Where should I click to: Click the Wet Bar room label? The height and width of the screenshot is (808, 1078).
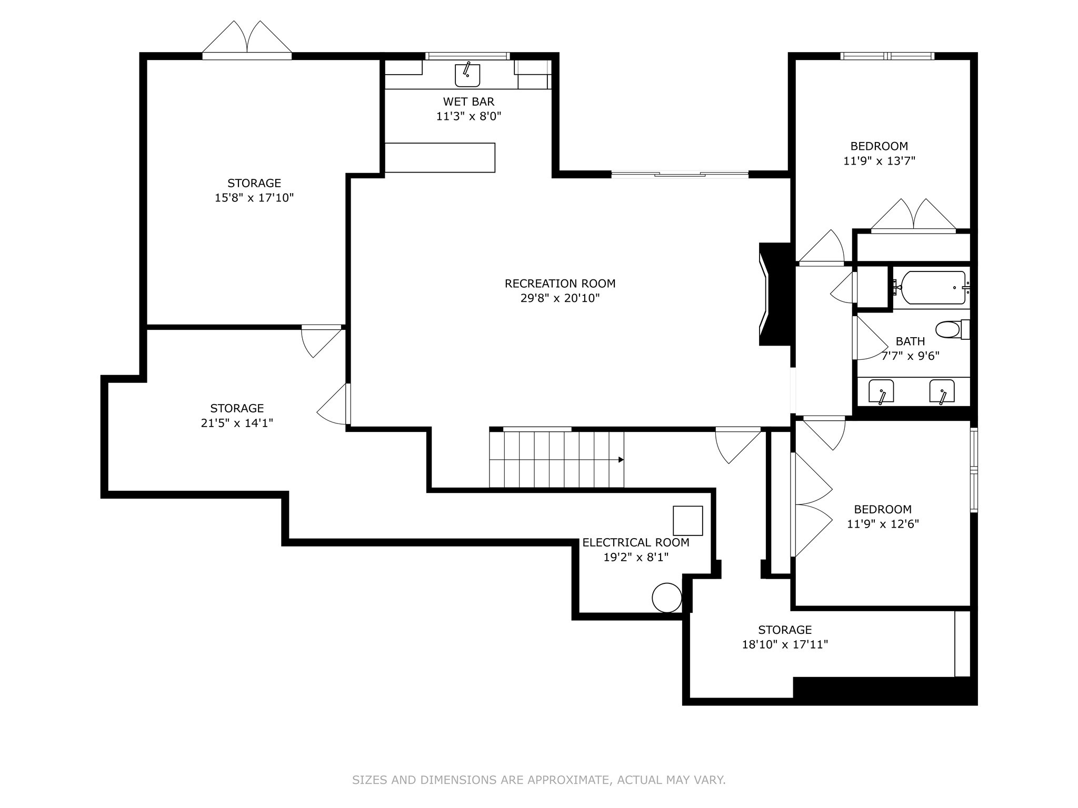468,102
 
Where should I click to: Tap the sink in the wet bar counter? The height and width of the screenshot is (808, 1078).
467,75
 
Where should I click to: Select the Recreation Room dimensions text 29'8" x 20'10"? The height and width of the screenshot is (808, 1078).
560,298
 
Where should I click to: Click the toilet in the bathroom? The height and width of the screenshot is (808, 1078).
953,329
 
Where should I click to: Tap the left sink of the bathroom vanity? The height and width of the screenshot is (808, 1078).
881,391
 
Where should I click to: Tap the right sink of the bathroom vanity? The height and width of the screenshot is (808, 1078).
942,391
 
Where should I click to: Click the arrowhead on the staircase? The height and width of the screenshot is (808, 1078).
621,460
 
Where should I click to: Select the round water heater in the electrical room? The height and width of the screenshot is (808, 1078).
667,598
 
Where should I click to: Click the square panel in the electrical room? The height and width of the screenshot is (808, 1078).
688,520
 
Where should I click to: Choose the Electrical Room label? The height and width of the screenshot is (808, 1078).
636,542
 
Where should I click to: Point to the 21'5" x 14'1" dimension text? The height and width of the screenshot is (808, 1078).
237,423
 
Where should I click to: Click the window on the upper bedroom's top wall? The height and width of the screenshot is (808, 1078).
887,56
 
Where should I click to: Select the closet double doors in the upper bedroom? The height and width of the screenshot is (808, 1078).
913,216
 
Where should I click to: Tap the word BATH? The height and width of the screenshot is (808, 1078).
910,341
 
